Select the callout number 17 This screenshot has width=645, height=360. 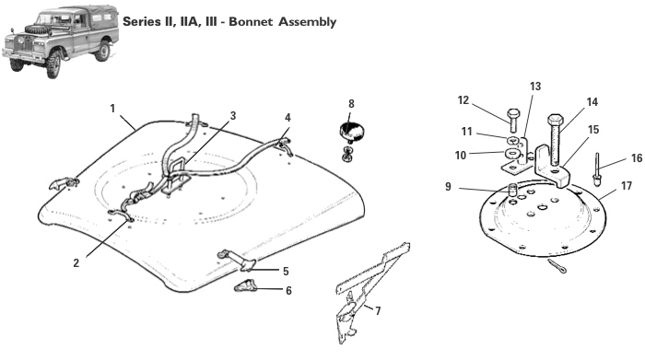[x=626, y=185]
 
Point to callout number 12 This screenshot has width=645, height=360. [x=463, y=100]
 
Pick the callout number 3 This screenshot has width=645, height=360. [x=233, y=115]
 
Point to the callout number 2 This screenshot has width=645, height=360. [x=76, y=262]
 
